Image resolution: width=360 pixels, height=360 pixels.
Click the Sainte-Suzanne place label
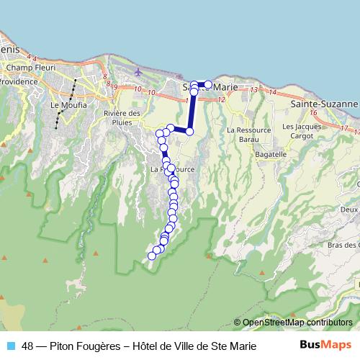(x=323, y=104)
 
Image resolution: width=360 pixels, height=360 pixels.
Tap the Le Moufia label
(x=68, y=105)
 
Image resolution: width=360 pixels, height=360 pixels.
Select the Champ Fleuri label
(x=26, y=68)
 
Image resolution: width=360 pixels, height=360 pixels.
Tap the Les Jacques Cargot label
(x=297, y=130)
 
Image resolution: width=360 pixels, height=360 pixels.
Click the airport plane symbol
(x=138, y=72)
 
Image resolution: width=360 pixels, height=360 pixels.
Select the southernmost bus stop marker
(x=152, y=256)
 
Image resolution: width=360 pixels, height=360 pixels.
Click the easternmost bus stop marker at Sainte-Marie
(x=209, y=85)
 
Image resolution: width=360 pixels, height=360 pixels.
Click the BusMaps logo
(x=325, y=345)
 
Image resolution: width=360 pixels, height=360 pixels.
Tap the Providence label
(x=17, y=82)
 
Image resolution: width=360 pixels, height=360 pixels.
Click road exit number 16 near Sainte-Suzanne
(x=314, y=113)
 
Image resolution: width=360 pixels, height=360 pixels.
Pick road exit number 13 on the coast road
(x=254, y=90)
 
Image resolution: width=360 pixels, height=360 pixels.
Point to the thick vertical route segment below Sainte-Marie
(x=192, y=112)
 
